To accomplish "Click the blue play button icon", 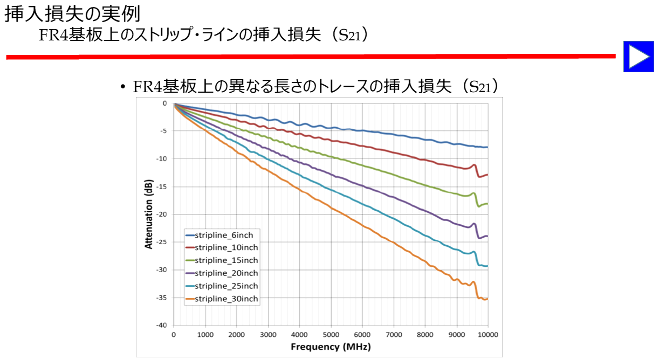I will tap(638, 57).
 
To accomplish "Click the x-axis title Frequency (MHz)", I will tap(331, 347).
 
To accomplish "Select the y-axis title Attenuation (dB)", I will tap(149, 214).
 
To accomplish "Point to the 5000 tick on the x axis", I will tap(331, 334).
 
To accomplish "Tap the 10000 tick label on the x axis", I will tap(488, 334).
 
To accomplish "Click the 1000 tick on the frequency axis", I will tap(205, 334).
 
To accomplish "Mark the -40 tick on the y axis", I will tap(161, 325).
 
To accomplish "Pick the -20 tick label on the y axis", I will tap(161, 214).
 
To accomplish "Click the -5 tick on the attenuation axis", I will tap(163, 131).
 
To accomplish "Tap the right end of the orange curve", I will tap(487, 299).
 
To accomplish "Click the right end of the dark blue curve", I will tap(487, 147).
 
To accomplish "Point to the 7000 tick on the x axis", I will tap(394, 334).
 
